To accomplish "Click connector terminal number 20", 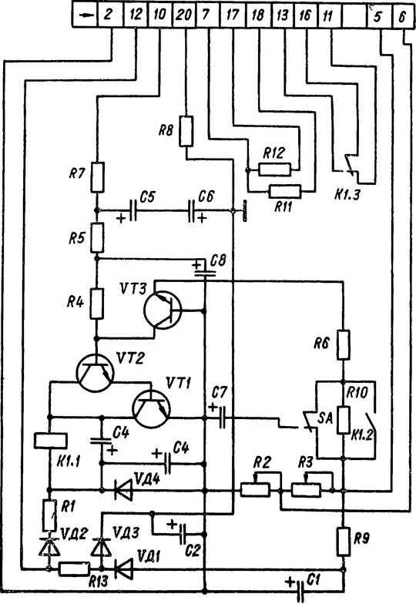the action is click(183, 15).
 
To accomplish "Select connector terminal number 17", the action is click(233, 15).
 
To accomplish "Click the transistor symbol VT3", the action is click(163, 310).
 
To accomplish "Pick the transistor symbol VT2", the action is click(96, 373).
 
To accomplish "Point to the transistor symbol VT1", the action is click(151, 409).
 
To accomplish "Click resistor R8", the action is click(186, 131).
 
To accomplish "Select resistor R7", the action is click(97, 177).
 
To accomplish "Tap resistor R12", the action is click(274, 169).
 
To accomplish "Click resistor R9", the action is click(344, 541).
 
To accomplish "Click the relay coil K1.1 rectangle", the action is click(51, 441).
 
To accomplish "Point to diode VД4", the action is click(123, 490).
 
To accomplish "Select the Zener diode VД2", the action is click(49, 547).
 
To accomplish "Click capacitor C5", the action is click(133, 210).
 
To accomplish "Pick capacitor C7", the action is click(222, 418).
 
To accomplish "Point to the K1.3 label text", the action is click(347, 193).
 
